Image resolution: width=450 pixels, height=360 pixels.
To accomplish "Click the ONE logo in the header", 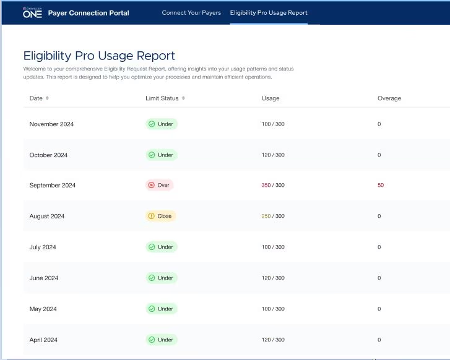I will point(32,13).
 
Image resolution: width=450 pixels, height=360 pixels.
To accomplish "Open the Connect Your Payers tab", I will point(191,12).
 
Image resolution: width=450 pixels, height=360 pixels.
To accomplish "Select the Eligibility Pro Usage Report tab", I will point(268,12).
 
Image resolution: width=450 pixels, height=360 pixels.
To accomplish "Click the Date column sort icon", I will point(47,98).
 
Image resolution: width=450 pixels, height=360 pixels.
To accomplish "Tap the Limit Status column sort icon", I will point(183,98).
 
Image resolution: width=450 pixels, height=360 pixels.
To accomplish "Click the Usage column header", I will point(270,98).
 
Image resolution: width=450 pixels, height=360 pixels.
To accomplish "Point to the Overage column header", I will point(389,98).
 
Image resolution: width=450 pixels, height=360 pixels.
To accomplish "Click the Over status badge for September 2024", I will point(159,185).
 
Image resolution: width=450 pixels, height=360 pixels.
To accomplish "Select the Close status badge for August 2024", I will point(161,216).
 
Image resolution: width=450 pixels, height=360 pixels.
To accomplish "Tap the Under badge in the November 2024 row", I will point(161,124).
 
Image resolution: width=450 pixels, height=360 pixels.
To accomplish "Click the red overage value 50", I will point(381,186).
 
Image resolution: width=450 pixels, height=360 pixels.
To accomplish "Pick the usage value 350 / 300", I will point(273,186).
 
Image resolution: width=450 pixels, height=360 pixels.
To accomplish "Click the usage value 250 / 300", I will point(273,216).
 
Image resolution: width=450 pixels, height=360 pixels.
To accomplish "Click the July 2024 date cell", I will point(43,247).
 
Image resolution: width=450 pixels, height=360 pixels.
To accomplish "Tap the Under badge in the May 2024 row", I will point(161,309).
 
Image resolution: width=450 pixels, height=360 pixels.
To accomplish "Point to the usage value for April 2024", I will point(273,340).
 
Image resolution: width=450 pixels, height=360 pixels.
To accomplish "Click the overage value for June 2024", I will point(379,278).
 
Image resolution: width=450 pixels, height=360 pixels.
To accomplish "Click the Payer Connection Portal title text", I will point(89,13).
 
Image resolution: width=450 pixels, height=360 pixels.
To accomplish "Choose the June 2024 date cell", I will point(44,278).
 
